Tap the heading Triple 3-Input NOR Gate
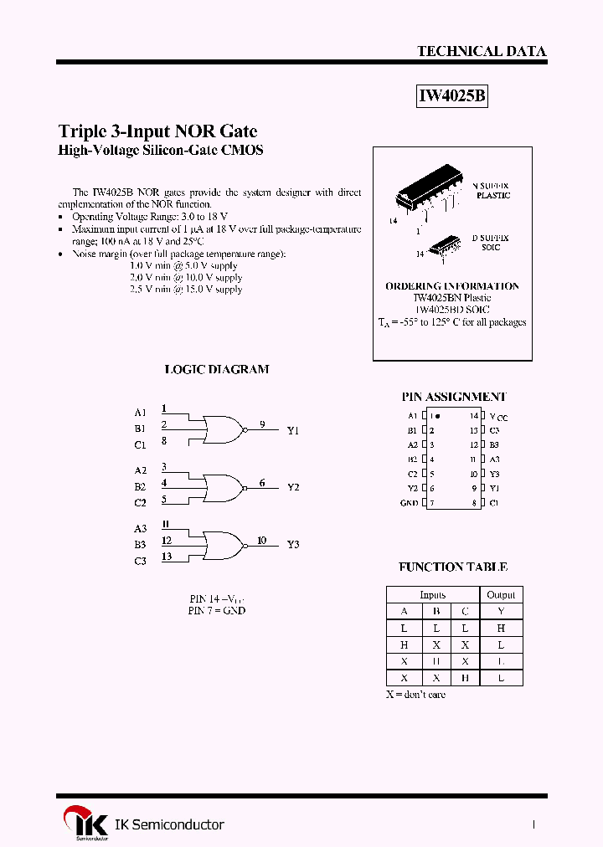(x=157, y=131)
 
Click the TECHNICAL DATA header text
(x=482, y=51)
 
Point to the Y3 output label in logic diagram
(x=293, y=545)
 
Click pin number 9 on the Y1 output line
(x=262, y=424)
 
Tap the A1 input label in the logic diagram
(x=140, y=413)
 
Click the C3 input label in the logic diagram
(x=140, y=561)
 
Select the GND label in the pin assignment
(x=409, y=503)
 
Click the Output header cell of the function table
(x=501, y=594)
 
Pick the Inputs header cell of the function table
(x=433, y=594)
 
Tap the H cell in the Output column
(x=501, y=628)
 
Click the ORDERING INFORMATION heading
(x=452, y=286)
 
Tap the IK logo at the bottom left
(x=85, y=824)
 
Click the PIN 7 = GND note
(x=217, y=611)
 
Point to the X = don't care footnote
(x=415, y=695)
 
